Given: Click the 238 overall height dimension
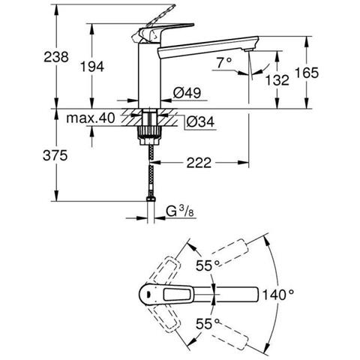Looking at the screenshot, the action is (x=56, y=57).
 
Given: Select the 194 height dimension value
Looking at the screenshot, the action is (x=92, y=67).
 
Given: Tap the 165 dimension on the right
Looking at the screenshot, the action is (x=307, y=73).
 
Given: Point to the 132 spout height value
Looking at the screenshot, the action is (x=277, y=80).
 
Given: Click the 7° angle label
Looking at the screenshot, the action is (x=224, y=63).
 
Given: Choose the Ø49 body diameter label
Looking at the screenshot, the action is (x=187, y=93).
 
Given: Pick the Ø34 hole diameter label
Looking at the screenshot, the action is (x=200, y=122).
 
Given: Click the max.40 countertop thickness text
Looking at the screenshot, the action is (x=91, y=118).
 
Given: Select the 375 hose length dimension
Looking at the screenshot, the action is (x=55, y=155).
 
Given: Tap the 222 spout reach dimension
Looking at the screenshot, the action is (x=199, y=163).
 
